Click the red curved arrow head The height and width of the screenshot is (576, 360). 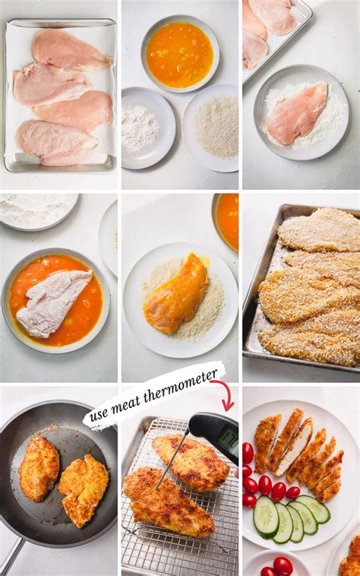click(229, 407)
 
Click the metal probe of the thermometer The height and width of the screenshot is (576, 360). click(172, 461)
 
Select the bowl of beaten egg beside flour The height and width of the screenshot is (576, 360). click(180, 54)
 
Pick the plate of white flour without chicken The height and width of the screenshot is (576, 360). click(147, 127)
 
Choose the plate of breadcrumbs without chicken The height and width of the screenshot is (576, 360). click(213, 128)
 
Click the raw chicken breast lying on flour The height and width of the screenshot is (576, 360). click(296, 113)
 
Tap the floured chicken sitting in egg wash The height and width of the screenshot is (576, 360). click(53, 303)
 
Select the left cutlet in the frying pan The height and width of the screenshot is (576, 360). click(39, 469)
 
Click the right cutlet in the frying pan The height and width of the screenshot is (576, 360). click(84, 490)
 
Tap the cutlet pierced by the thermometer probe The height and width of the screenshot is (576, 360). click(168, 502)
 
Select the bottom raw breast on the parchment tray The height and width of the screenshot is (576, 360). click(55, 143)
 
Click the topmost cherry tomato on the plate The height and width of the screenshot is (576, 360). click(248, 453)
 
